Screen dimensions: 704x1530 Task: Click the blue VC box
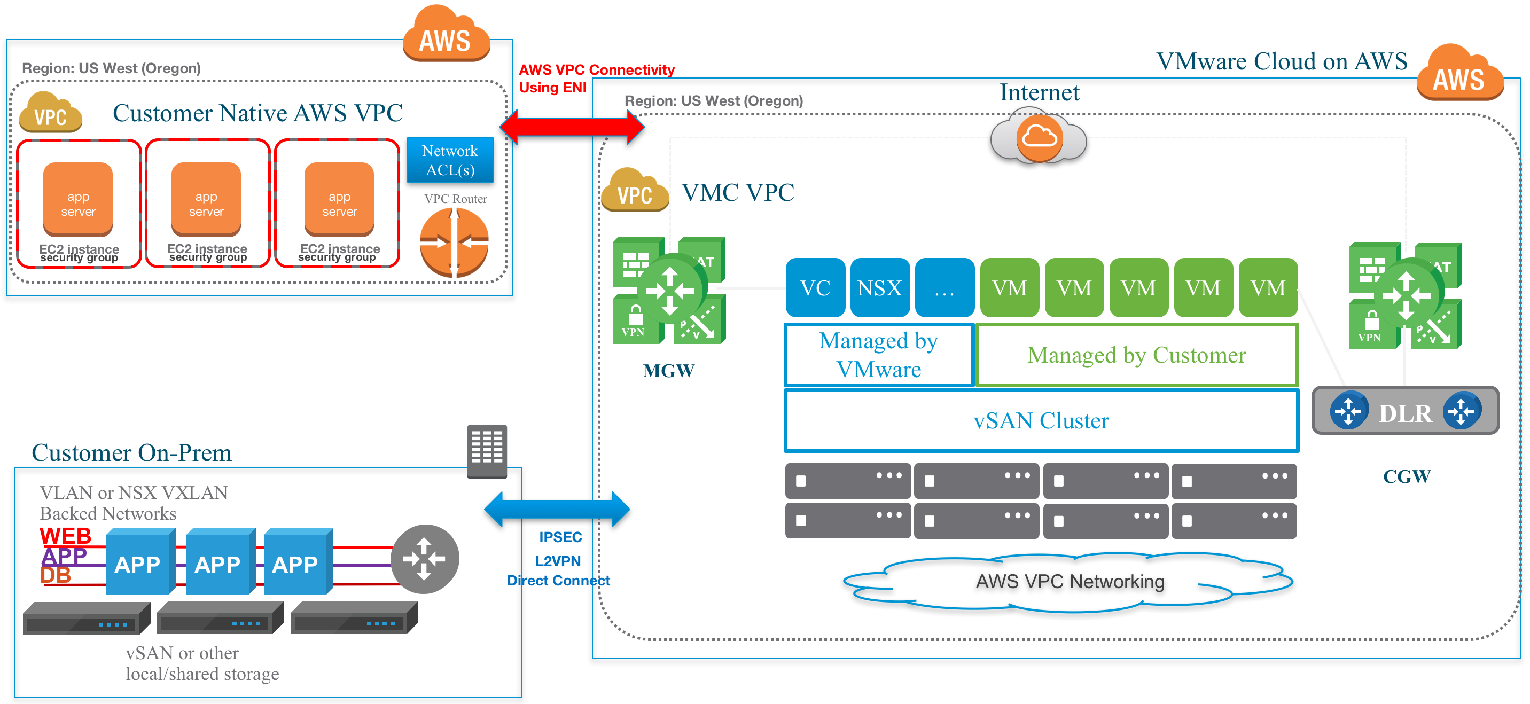tap(815, 287)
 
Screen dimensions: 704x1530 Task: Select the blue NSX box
tap(880, 287)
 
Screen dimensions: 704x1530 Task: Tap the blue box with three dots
tap(944, 287)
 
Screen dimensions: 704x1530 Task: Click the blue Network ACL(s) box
tap(450, 160)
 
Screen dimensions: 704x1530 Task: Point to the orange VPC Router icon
tap(454, 243)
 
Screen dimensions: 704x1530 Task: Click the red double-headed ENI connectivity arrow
tap(572, 127)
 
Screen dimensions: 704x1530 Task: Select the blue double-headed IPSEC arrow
tap(557, 509)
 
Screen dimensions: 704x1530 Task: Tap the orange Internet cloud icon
tap(1039, 138)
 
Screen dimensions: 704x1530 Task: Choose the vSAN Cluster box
tap(1041, 420)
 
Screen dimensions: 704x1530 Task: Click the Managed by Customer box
tap(1136, 355)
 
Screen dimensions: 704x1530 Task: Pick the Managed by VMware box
tap(878, 355)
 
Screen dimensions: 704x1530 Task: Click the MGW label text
tap(668, 371)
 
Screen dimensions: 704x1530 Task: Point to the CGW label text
tap(1407, 476)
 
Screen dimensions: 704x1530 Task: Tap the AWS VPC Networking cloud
tap(1069, 581)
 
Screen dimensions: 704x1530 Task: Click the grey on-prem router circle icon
tap(424, 559)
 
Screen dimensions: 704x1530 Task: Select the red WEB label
tap(65, 536)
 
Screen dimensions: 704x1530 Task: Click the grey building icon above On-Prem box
tap(487, 451)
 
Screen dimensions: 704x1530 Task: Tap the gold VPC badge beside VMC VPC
tap(634, 191)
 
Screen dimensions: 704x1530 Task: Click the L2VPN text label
tap(558, 561)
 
